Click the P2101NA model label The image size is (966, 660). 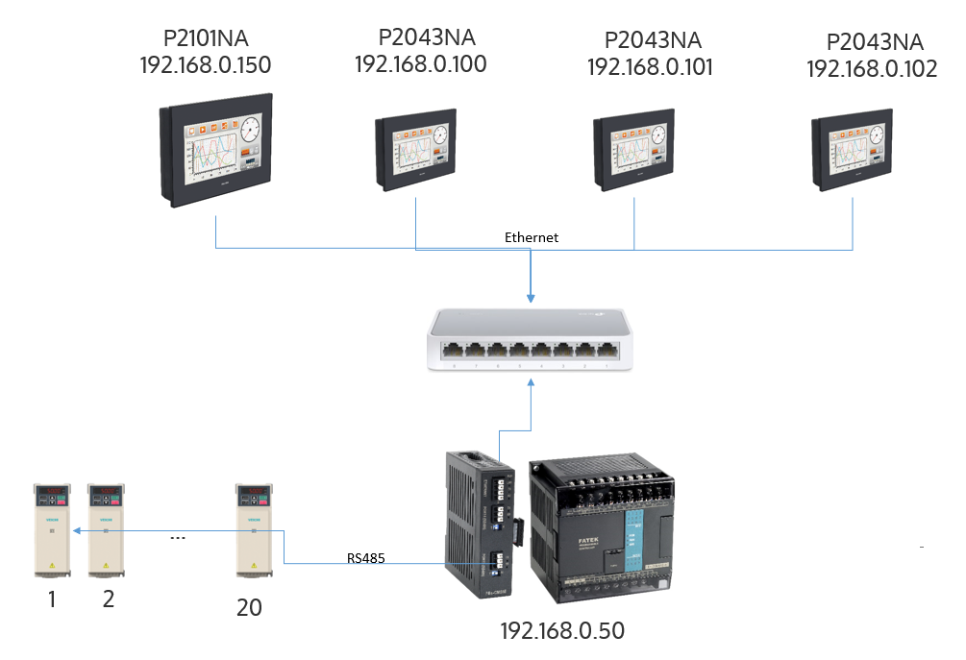(x=205, y=40)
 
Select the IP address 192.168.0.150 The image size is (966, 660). (x=205, y=65)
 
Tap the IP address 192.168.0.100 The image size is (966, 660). (x=420, y=64)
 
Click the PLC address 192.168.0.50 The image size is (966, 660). (x=562, y=631)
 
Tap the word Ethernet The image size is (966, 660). (x=532, y=236)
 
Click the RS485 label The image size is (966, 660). (x=366, y=557)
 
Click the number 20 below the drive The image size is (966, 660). (x=249, y=607)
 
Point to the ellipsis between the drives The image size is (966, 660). (x=177, y=538)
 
